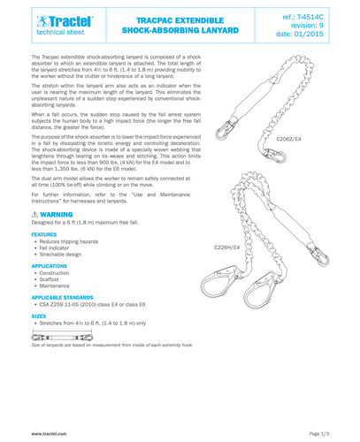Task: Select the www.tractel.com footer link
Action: [x=50, y=434]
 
